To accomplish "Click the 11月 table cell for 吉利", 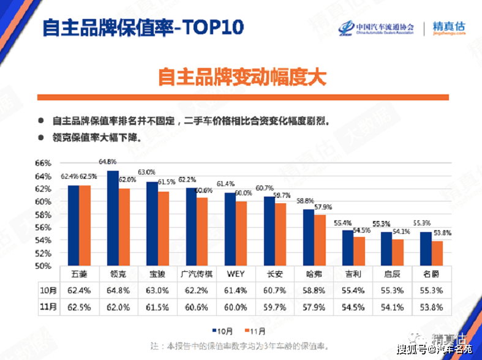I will pyautogui.click(x=353, y=307).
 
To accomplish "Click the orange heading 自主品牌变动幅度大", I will pyautogui.click(x=242, y=77).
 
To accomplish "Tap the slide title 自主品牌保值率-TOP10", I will pyautogui.click(x=143, y=28).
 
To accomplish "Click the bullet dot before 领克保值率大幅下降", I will pyautogui.click(x=40, y=138).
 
